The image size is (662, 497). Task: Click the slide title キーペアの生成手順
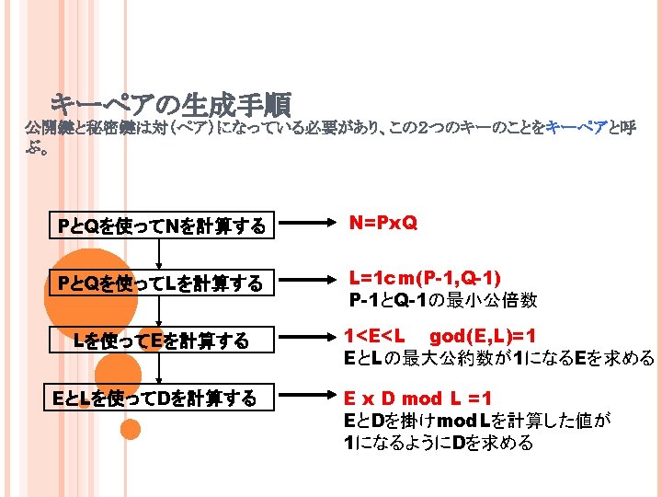tap(170, 102)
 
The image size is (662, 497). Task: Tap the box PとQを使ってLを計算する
tap(161, 283)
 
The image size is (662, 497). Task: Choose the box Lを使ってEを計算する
tap(161, 341)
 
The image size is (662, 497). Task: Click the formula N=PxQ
tap(382, 223)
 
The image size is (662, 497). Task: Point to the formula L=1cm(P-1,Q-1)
tap(425, 278)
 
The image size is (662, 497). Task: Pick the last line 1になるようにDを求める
tap(438, 443)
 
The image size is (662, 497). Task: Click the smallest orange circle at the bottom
tap(131, 429)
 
